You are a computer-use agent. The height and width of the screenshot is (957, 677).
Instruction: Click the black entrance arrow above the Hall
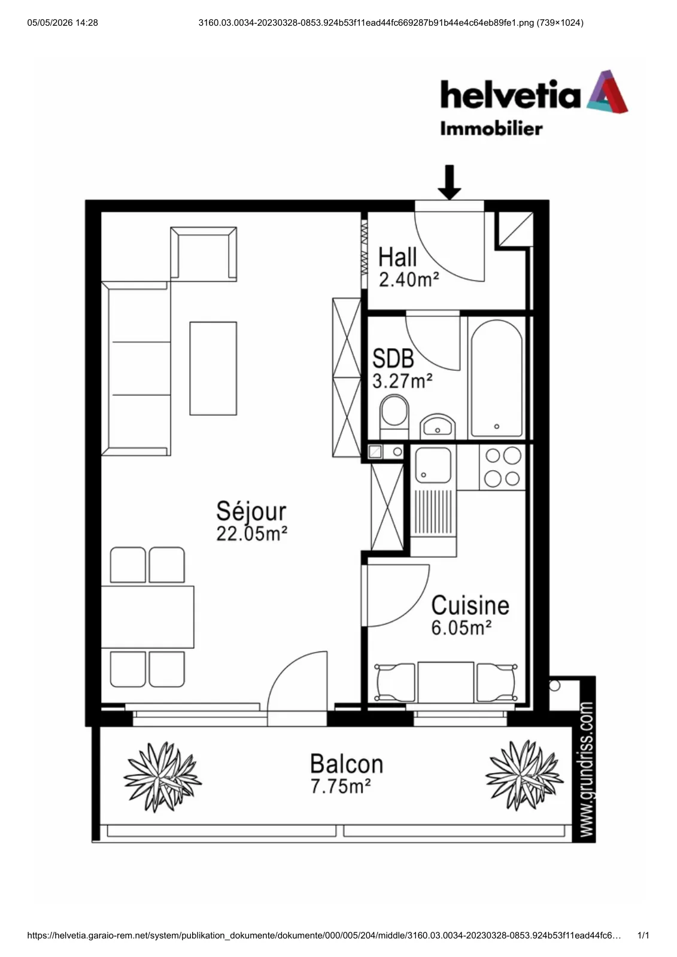pos(449,182)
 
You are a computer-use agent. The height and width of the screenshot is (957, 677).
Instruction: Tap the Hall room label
pos(397,257)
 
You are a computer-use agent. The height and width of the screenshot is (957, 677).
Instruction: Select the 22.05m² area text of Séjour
pos(251,534)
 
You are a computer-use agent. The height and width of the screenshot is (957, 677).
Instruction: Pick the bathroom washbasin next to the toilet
pos(438,426)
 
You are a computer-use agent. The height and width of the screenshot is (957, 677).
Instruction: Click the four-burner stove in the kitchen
pos(502,467)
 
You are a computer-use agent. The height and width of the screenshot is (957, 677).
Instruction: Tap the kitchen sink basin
pos(433,465)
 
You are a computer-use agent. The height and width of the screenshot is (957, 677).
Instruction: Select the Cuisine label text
pos(470,605)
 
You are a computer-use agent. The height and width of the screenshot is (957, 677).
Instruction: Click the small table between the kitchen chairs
pos(445,682)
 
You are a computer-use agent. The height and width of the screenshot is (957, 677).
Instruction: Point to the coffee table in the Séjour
pos(213,368)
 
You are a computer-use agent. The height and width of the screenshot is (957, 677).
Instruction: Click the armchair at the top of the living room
pos(204,254)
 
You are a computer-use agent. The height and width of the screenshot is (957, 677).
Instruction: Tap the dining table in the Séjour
pos(147,617)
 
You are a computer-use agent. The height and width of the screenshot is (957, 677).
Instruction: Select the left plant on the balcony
pos(162,777)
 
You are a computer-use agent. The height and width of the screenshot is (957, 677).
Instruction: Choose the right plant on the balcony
pos(524,775)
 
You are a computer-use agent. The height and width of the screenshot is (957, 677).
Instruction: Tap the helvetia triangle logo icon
pos(607,92)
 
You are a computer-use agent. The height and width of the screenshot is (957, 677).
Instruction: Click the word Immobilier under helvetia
pos(491,129)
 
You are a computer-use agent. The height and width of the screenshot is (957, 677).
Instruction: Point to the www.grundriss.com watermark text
pos(587,769)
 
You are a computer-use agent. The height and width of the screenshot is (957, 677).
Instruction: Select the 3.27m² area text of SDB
pos(402,381)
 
